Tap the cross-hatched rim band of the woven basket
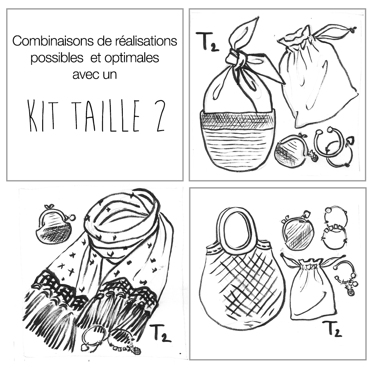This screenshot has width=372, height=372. pyautogui.click(x=237, y=118)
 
